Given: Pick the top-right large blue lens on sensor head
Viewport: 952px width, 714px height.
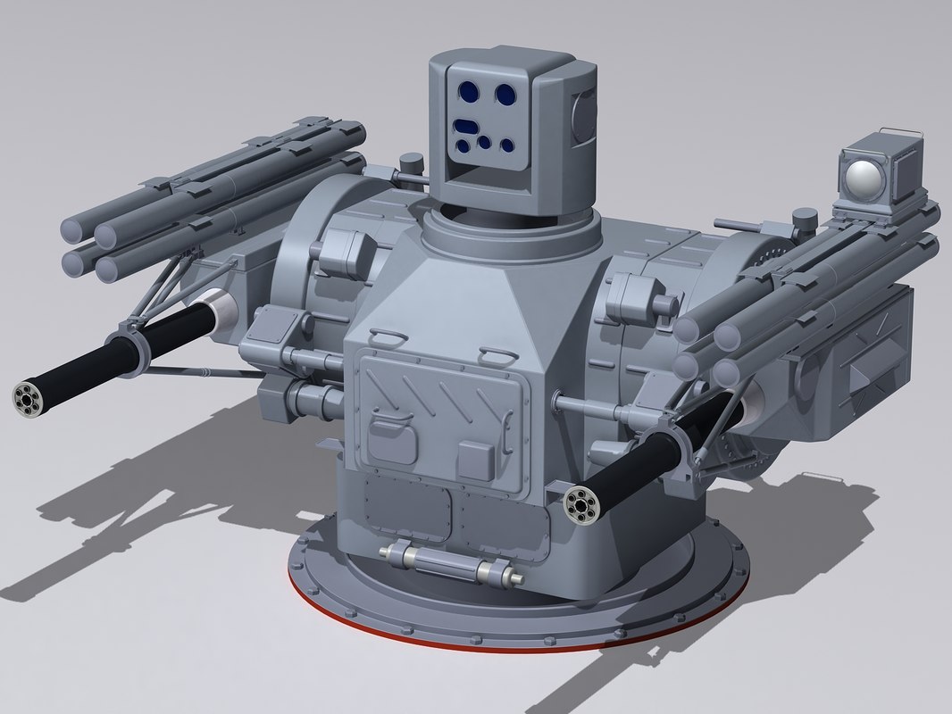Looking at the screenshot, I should point(504,92).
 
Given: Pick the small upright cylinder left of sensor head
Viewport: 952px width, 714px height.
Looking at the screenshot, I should point(411,164).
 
